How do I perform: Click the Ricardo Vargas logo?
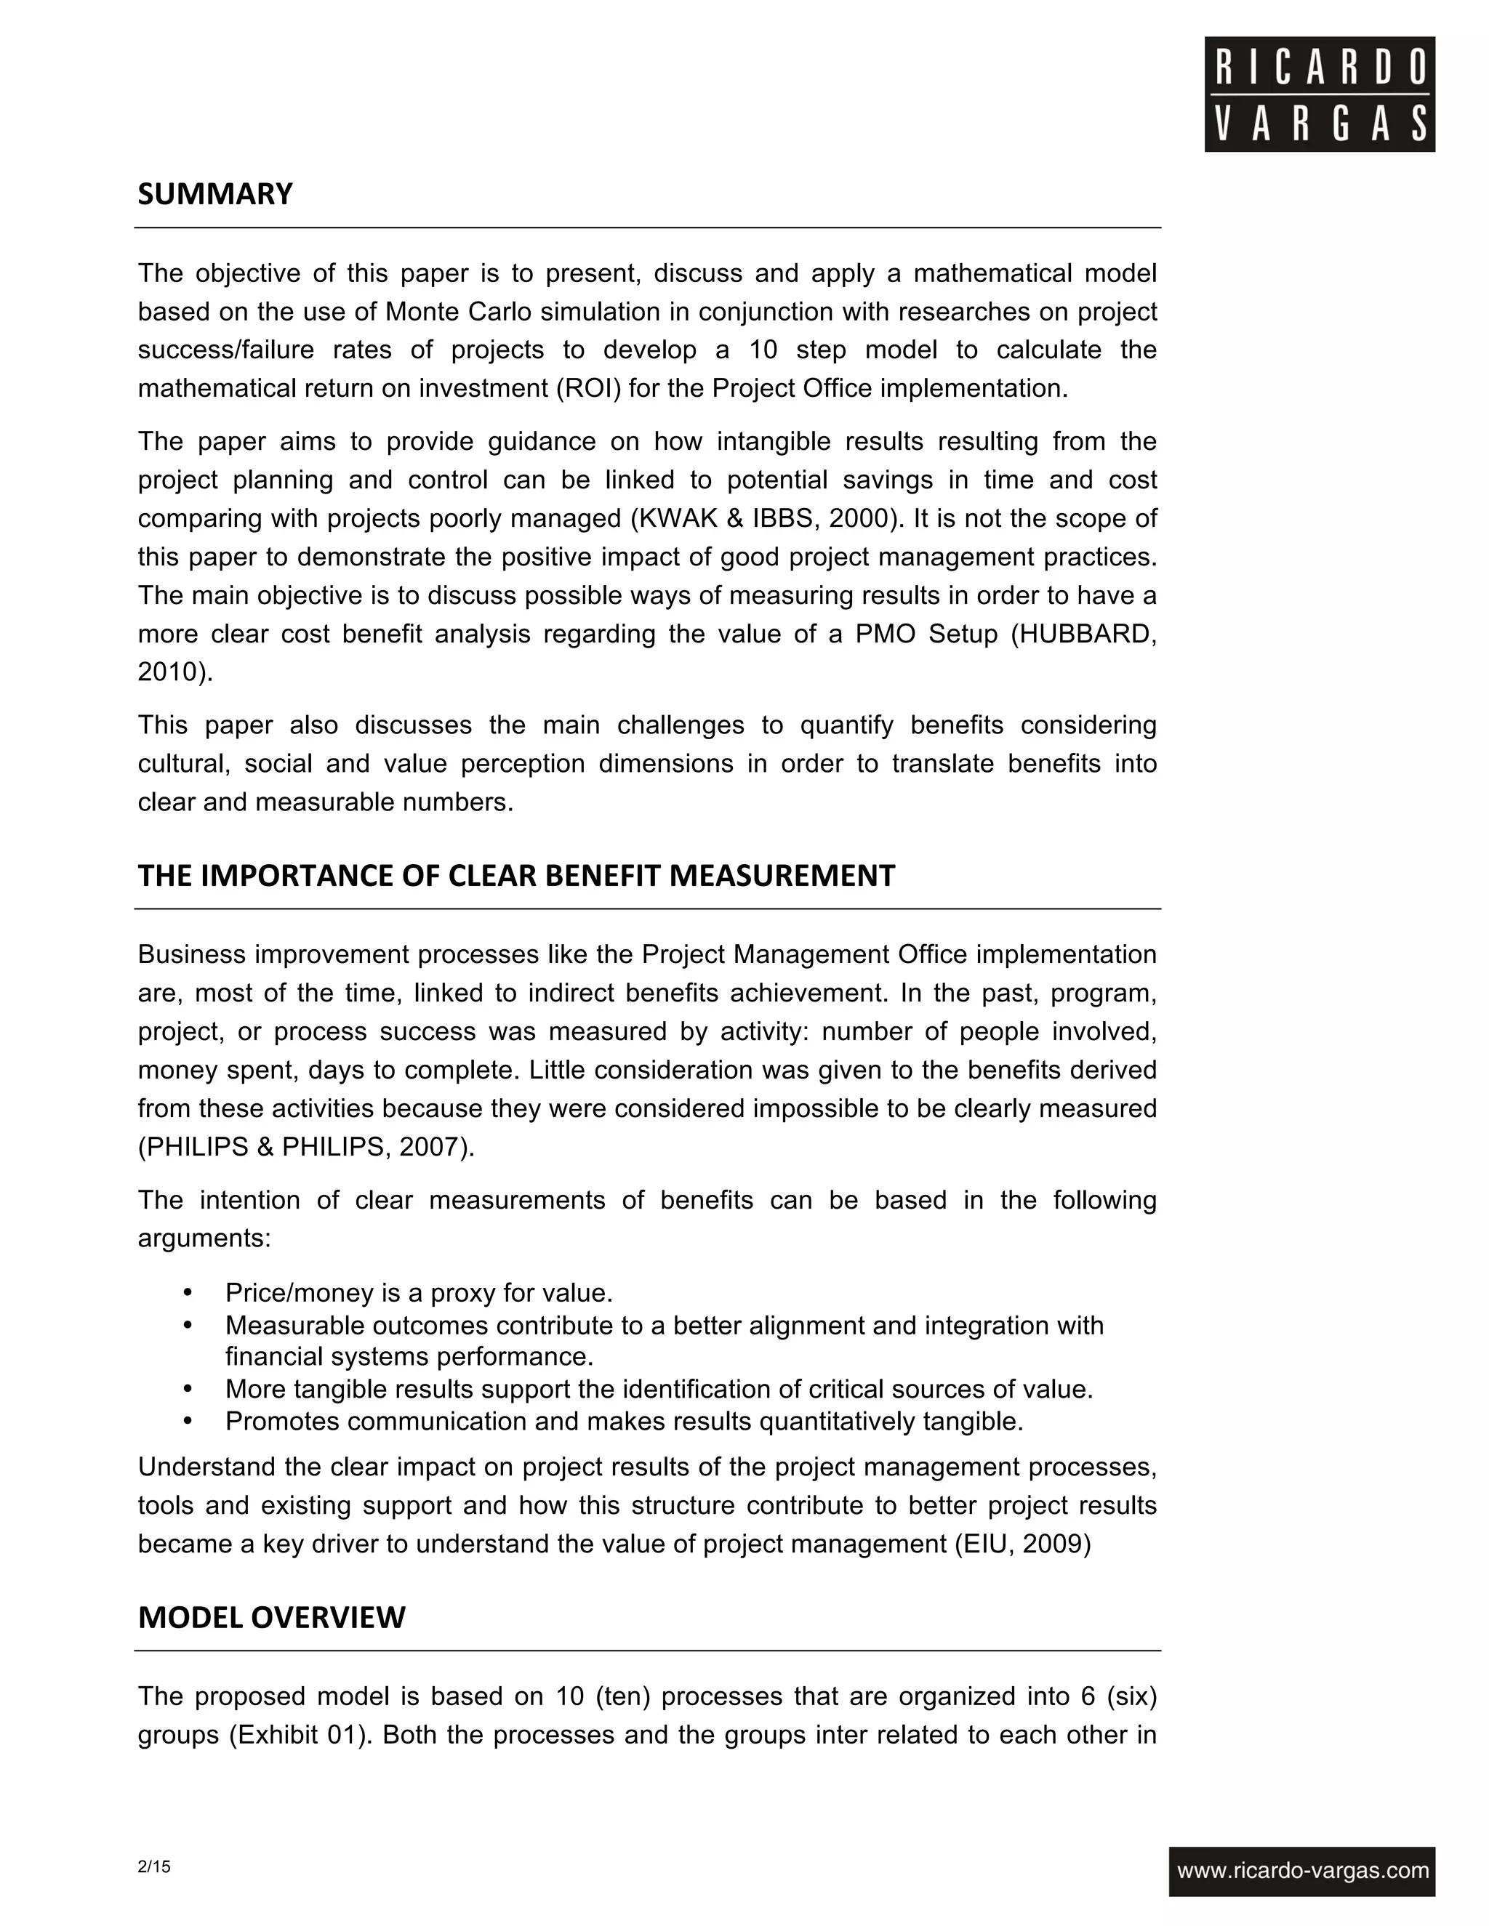click(x=1319, y=94)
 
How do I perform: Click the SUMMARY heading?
click(x=215, y=194)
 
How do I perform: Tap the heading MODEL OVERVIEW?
click(x=272, y=1617)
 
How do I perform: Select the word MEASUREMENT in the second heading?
click(x=782, y=876)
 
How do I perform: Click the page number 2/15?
click(x=154, y=1866)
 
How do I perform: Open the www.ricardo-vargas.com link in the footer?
click(x=1302, y=1871)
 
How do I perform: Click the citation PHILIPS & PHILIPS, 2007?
click(x=305, y=1148)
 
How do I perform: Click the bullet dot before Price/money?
click(x=187, y=1293)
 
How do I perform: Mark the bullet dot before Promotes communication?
click(x=187, y=1422)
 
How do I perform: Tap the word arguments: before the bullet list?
click(x=204, y=1239)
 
